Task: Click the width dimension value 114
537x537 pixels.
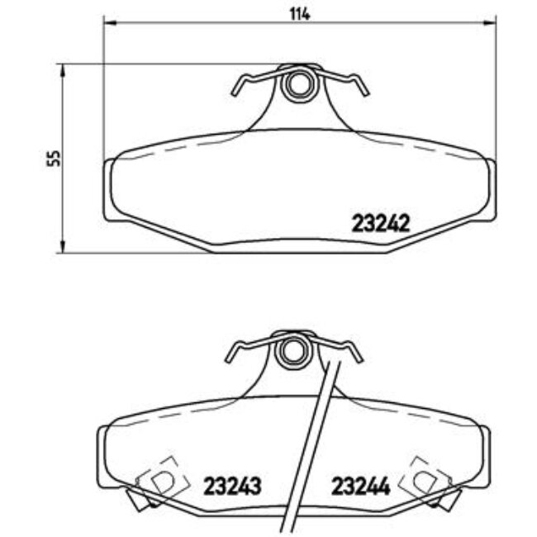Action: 299,13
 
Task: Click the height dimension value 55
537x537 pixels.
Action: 55,159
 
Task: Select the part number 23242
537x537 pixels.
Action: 381,223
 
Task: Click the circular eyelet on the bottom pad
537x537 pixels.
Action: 290,352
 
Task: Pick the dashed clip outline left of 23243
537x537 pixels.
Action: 161,477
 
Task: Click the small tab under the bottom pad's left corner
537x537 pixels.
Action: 137,498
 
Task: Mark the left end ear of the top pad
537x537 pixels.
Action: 108,189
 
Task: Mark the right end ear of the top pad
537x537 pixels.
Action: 490,189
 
